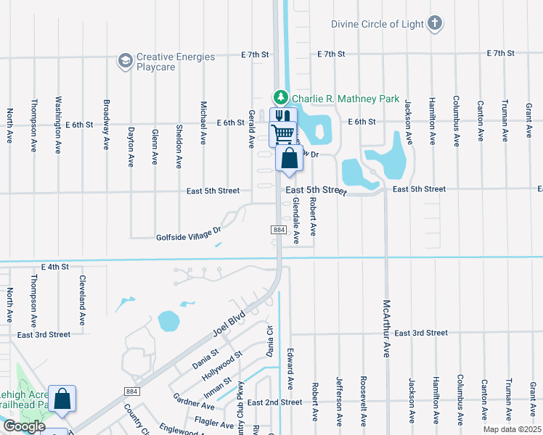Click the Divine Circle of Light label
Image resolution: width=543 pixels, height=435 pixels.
click(x=377, y=23)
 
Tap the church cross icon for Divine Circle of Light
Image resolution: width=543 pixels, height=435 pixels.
click(x=435, y=23)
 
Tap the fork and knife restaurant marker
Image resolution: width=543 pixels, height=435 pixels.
click(x=283, y=117)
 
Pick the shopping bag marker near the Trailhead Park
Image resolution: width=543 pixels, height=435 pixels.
click(x=62, y=399)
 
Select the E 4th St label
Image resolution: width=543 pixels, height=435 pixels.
click(x=54, y=267)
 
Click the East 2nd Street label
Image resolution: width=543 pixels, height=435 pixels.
click(x=274, y=402)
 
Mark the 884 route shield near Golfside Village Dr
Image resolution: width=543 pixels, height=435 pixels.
click(x=279, y=229)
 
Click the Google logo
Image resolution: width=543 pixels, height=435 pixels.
click(x=24, y=426)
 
